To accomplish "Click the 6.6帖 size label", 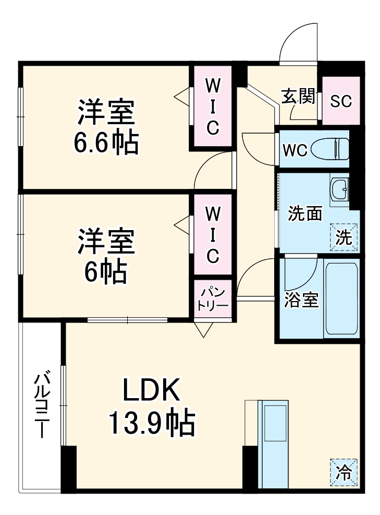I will pos(106,142).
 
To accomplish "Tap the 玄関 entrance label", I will pos(298,97).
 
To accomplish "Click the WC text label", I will pos(294,149).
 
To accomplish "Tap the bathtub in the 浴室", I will pos(341,299).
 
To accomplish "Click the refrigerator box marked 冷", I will pos(344,473).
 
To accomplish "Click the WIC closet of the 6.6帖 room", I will pos(212,106).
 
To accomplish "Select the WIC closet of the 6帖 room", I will pos(212,235).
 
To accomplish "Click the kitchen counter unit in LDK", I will pos(273,444).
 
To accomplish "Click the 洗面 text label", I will pos(305,214).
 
